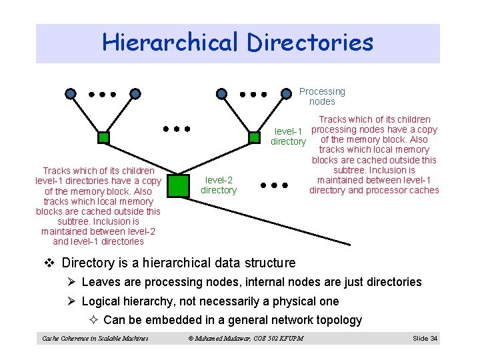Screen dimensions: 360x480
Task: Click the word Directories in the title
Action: tap(310, 43)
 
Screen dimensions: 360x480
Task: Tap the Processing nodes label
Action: tap(322, 97)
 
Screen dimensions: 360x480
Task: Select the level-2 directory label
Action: tap(219, 185)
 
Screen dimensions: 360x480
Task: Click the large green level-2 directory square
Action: tap(177, 185)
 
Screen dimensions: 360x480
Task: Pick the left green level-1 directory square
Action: tap(103, 138)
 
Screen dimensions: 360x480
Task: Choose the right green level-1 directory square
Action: tap(253, 138)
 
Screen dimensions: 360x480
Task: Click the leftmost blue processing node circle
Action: tap(71, 94)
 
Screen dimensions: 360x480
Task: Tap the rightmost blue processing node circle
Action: tap(286, 94)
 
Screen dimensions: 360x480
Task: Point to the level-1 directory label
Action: tap(288, 136)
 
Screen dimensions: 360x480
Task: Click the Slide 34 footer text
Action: tap(425, 339)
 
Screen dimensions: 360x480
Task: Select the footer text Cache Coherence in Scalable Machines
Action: tap(95, 339)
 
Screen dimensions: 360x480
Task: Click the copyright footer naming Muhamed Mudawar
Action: tap(245, 339)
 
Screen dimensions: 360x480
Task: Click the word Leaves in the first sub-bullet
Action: tap(101, 282)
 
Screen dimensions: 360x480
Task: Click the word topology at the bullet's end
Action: tap(338, 320)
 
